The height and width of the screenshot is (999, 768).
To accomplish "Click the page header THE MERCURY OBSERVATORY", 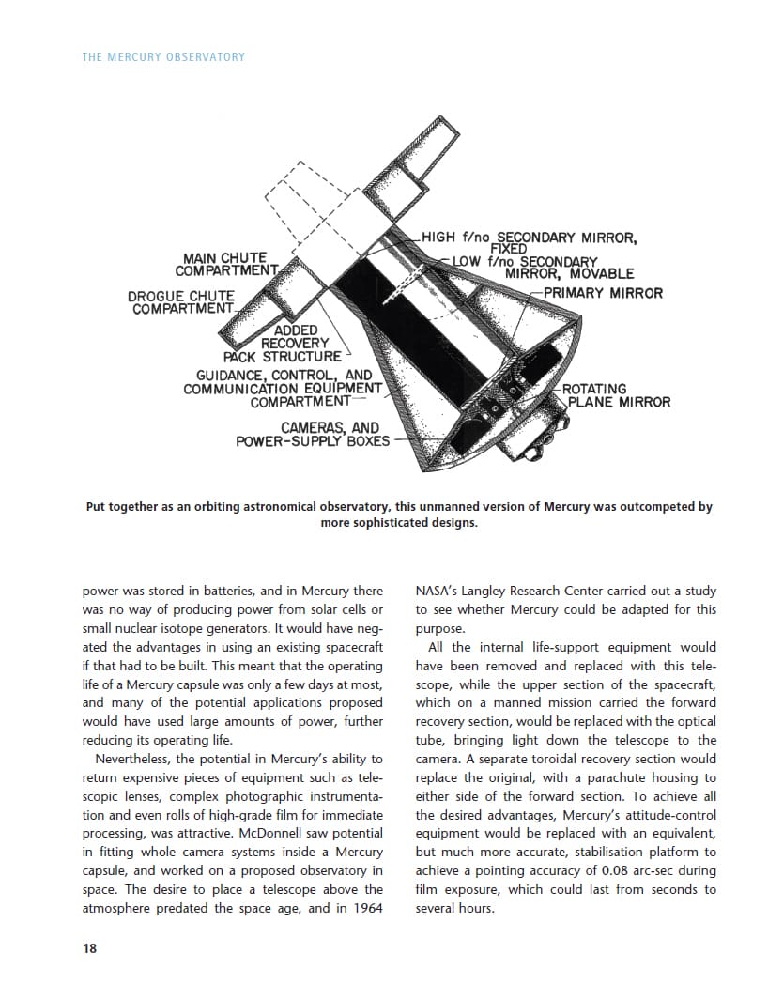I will tap(163, 57).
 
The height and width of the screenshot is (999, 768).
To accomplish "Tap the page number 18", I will tap(89, 948).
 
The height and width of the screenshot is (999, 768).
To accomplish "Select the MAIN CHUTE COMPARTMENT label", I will tap(225, 264).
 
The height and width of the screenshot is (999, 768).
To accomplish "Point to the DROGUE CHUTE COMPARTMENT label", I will tap(182, 302).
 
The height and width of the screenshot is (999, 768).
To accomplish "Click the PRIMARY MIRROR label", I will tap(603, 293).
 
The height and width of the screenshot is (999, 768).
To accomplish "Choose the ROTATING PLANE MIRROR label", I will tap(618, 395).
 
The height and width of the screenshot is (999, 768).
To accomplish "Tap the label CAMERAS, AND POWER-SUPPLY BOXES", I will tap(313, 434).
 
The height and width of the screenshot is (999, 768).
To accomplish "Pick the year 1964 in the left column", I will tap(368, 908).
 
